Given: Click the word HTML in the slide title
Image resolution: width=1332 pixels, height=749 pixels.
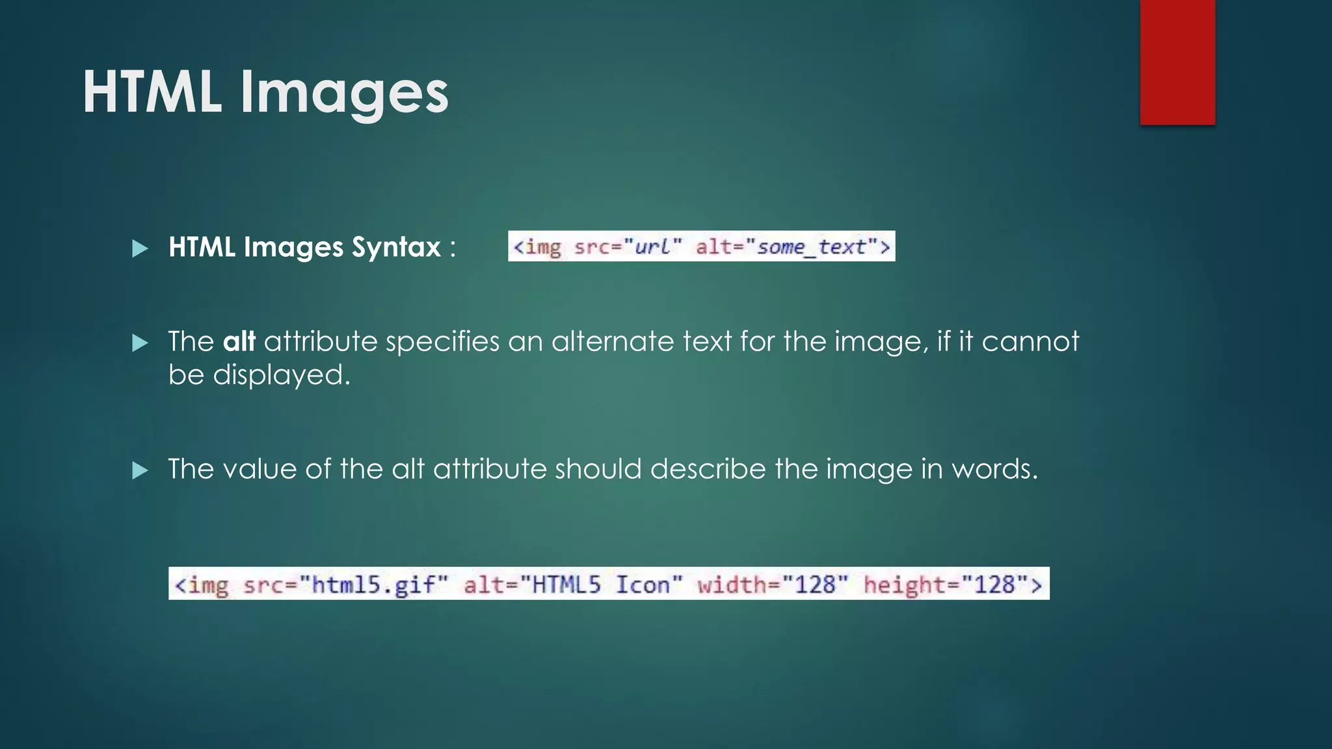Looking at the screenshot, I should click(152, 92).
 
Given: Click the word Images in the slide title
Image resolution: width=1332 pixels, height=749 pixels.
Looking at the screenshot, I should click(344, 95).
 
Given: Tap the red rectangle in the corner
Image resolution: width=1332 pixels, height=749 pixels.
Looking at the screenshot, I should click(1177, 62).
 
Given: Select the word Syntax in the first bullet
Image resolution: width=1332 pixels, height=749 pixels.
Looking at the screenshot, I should click(396, 248).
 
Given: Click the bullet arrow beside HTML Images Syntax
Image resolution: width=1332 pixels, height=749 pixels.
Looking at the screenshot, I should click(140, 248).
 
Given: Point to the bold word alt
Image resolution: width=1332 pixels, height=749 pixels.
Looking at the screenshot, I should click(239, 341).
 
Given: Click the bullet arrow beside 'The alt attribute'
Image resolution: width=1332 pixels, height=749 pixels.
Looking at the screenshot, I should click(140, 343).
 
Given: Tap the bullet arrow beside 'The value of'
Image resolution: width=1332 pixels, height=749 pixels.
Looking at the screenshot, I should click(140, 470).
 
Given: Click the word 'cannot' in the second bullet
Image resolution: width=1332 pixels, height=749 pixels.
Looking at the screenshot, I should click(1030, 341).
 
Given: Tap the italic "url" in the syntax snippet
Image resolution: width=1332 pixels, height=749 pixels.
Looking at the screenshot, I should click(652, 247).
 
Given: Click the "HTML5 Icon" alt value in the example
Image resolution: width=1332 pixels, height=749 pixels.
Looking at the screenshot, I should click(607, 585).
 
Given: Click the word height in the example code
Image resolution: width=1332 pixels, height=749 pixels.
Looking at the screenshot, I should click(905, 585).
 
